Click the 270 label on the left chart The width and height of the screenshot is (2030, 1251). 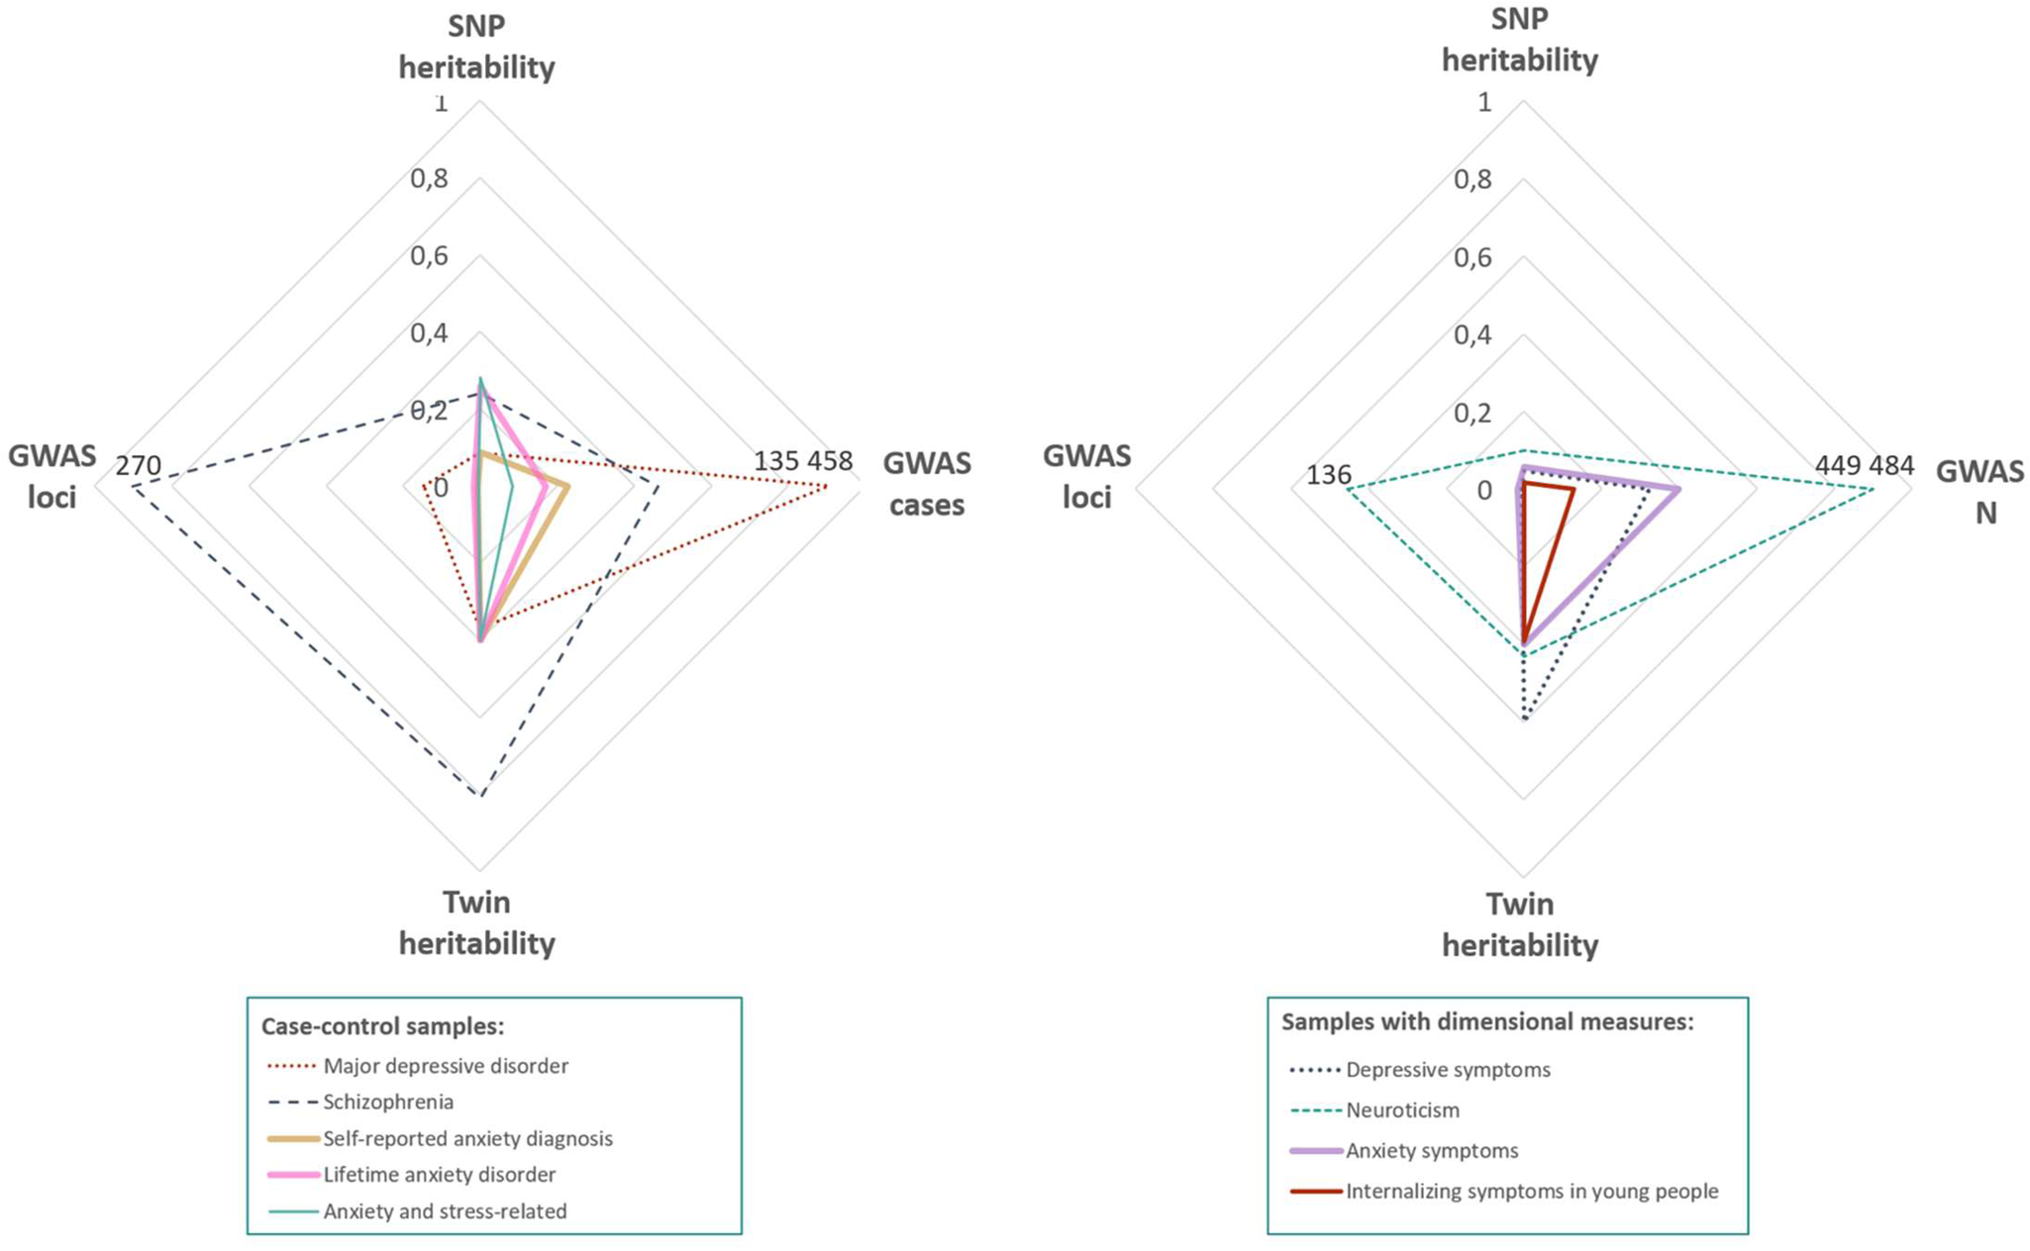click(x=138, y=464)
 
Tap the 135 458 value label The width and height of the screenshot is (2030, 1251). click(x=802, y=461)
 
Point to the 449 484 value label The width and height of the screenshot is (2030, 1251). click(x=1864, y=465)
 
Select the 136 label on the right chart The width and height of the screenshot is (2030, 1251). click(x=1328, y=475)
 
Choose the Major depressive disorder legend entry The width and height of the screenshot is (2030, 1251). click(x=446, y=1066)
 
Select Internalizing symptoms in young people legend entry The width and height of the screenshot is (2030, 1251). click(x=1531, y=1191)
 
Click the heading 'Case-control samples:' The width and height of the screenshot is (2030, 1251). click(x=383, y=1026)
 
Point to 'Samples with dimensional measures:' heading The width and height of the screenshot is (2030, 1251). click(x=1487, y=1021)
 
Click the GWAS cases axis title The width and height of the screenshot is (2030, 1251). click(x=927, y=484)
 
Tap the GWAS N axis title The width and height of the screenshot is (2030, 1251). click(x=1980, y=492)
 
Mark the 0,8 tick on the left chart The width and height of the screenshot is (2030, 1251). click(x=429, y=179)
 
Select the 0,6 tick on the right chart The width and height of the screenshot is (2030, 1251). click(x=1472, y=258)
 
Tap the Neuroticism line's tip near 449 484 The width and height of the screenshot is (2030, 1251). click(x=1873, y=489)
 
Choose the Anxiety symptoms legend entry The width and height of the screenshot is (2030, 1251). click(x=1432, y=1150)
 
